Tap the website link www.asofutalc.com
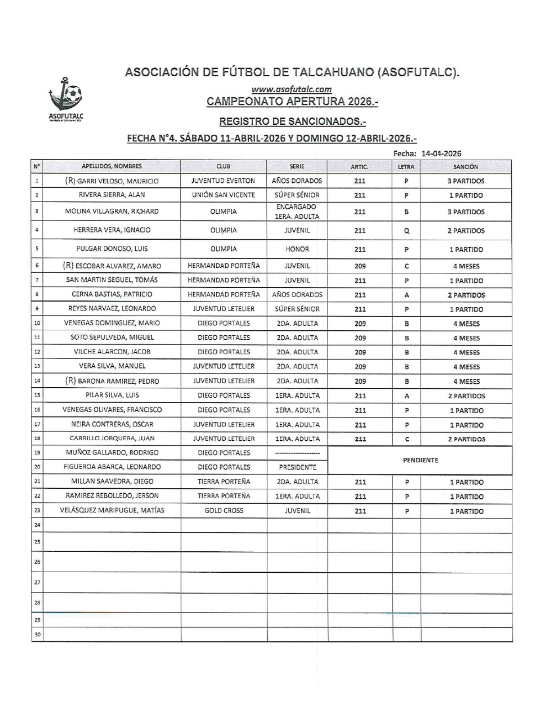pyautogui.click(x=291, y=89)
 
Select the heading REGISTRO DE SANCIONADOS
pyautogui.click(x=292, y=121)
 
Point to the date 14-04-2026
pyautogui.click(x=441, y=154)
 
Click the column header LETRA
pyautogui.click(x=406, y=166)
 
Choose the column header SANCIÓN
pyautogui.click(x=465, y=166)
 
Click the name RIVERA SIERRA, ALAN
pyautogui.click(x=112, y=195)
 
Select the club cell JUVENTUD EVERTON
pyautogui.click(x=224, y=181)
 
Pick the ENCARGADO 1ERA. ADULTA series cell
pyautogui.click(x=296, y=212)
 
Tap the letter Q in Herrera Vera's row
pyautogui.click(x=406, y=231)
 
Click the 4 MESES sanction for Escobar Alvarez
pyautogui.click(x=466, y=266)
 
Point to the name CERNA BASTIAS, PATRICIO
pyautogui.click(x=112, y=294)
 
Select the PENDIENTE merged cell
pyautogui.click(x=420, y=460)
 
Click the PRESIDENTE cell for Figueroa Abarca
pyautogui.click(x=297, y=467)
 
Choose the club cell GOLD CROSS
pyautogui.click(x=224, y=511)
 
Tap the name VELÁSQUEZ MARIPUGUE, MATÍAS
pyautogui.click(x=112, y=510)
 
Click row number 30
pyautogui.click(x=37, y=635)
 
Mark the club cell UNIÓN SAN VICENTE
pyautogui.click(x=224, y=195)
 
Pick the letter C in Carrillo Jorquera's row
pyautogui.click(x=406, y=439)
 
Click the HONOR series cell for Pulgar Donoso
pyautogui.click(x=297, y=249)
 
